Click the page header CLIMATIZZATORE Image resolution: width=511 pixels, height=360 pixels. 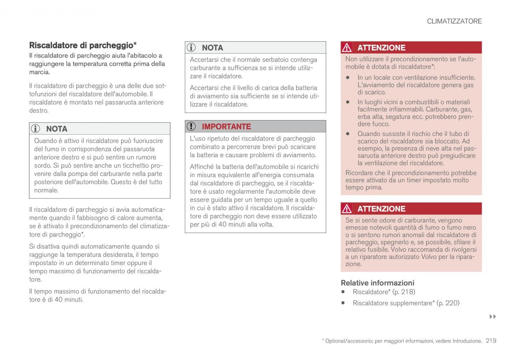point(454,21)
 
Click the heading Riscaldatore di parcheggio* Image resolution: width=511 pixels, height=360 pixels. point(83,45)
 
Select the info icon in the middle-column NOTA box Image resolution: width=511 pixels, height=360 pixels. point(192,48)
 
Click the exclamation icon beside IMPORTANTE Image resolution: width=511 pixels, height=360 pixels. point(192,127)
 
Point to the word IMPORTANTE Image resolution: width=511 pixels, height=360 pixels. point(226,127)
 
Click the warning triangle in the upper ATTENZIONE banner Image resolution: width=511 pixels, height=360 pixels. point(348,48)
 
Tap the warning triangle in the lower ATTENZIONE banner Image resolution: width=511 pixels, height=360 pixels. point(348,209)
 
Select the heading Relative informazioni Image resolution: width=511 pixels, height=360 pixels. point(377,282)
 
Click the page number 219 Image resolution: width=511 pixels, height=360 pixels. point(491,340)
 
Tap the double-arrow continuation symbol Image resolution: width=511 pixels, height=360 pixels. point(493,317)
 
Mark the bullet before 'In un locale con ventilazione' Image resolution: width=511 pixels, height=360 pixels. point(348,78)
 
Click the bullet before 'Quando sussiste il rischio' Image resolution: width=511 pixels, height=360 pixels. point(348,133)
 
